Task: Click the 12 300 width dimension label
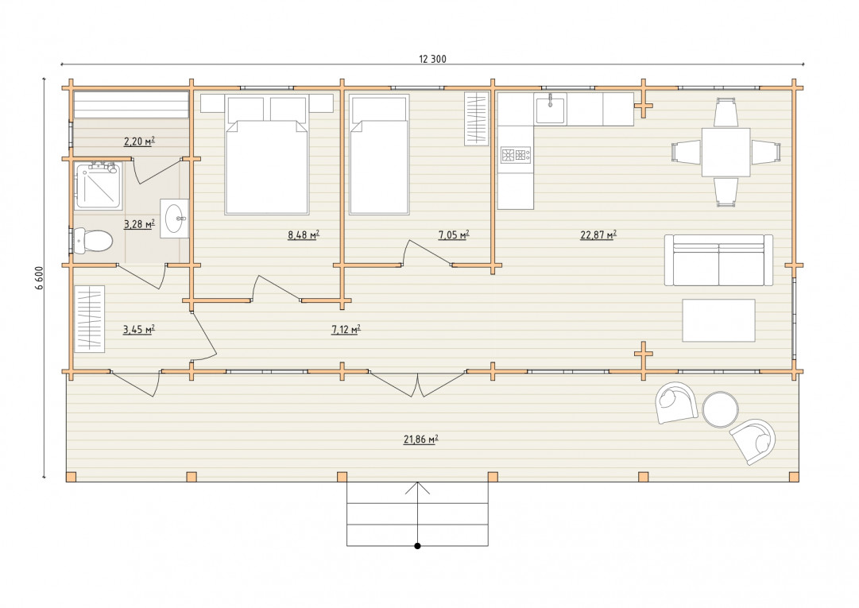pyautogui.click(x=432, y=59)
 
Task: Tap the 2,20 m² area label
pyautogui.click(x=139, y=141)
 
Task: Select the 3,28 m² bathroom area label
pyautogui.click(x=139, y=223)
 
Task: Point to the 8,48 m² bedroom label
pyautogui.click(x=304, y=235)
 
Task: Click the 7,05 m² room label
pyautogui.click(x=454, y=235)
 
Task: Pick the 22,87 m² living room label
pyautogui.click(x=598, y=235)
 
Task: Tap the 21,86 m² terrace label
pyautogui.click(x=420, y=440)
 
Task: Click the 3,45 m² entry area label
pyautogui.click(x=139, y=329)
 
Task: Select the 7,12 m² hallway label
pyautogui.click(x=346, y=329)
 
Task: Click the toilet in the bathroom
pyautogui.click(x=93, y=241)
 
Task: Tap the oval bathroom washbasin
pyautogui.click(x=176, y=219)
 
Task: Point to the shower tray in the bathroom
pyautogui.click(x=99, y=186)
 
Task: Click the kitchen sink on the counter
pyautogui.click(x=550, y=109)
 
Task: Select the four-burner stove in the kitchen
pyautogui.click(x=516, y=155)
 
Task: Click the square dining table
pyautogui.click(x=726, y=153)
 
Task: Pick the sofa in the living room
pyautogui.click(x=719, y=260)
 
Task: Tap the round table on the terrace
pyautogui.click(x=721, y=409)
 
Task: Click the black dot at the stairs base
pyautogui.click(x=417, y=546)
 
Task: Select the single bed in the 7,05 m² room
pyautogui.click(x=379, y=154)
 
